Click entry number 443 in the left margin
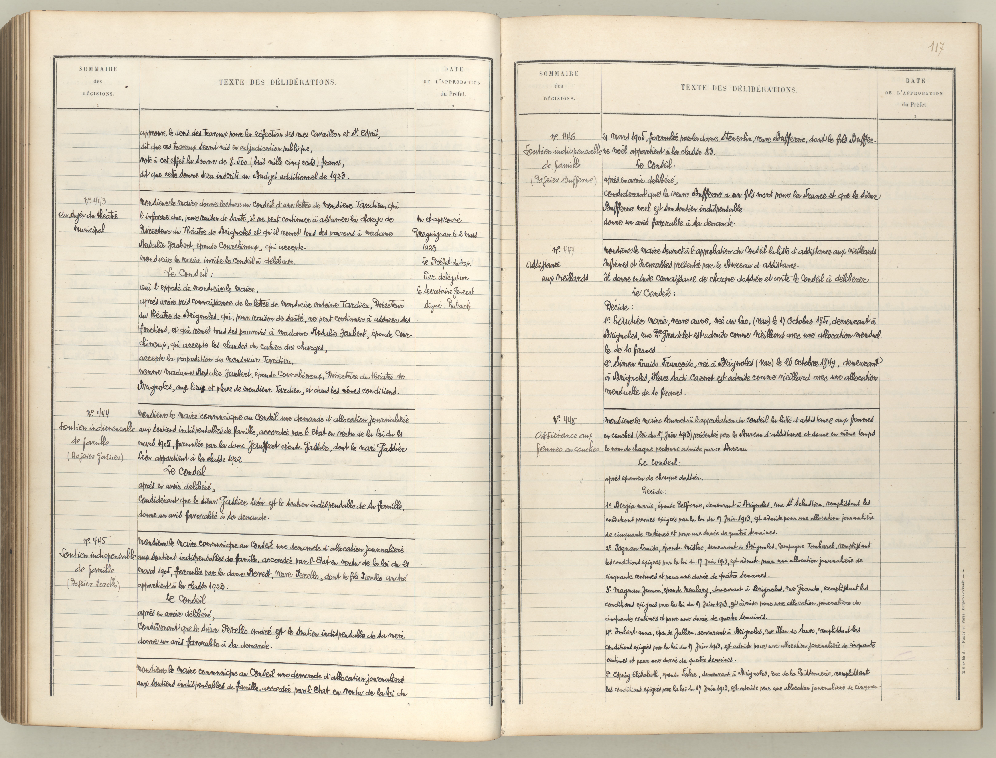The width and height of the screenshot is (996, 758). pos(95,201)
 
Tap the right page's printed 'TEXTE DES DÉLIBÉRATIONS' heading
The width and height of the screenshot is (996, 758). pos(739,89)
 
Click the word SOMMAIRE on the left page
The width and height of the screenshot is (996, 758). pos(98,69)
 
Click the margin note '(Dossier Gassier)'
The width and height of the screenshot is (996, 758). pos(95,457)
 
